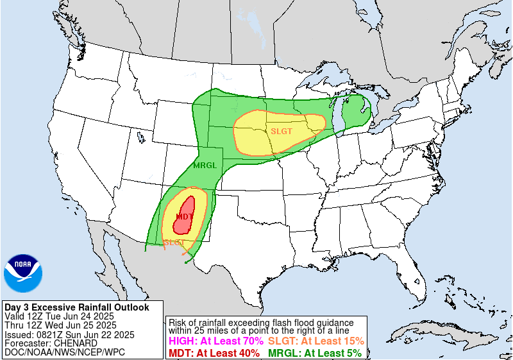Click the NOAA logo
coord(23,273)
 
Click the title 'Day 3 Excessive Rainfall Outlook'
coord(76,307)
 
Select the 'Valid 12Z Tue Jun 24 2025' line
coord(59,316)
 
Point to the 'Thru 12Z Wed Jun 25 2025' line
coord(60,325)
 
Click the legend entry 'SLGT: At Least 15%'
coord(315,341)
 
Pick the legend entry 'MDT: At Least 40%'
coord(214,353)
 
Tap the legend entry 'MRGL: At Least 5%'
coord(314,353)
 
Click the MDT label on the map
coord(184,216)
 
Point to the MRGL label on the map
coord(205,165)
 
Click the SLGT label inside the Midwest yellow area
coord(282,130)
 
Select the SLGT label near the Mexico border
coord(174,243)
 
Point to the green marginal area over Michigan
coord(354,112)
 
